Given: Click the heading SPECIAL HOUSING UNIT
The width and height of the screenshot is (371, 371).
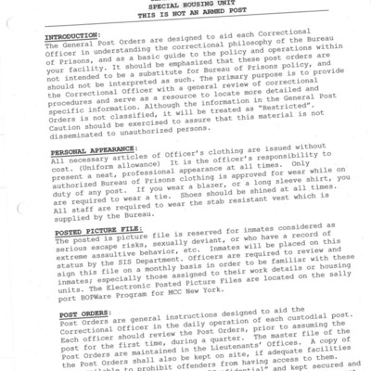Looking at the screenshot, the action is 185,5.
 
